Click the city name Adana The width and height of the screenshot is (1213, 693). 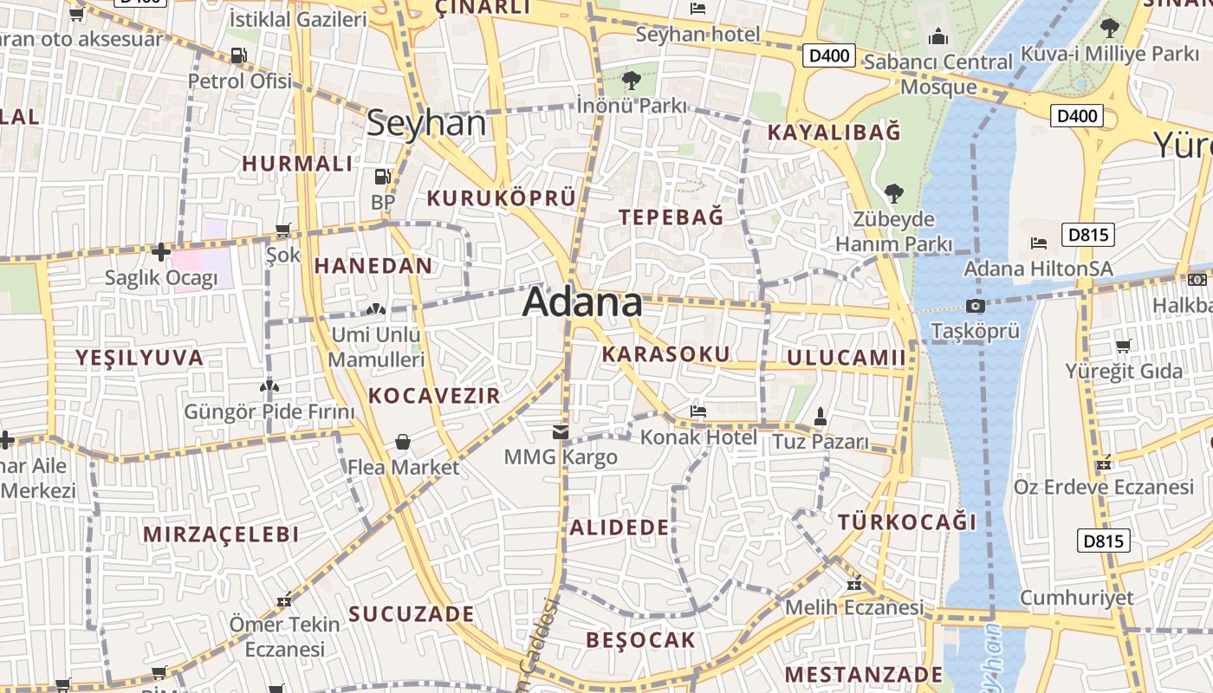pos(582,302)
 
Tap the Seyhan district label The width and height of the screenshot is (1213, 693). pos(425,123)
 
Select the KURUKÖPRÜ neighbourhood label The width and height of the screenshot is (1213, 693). pos(501,198)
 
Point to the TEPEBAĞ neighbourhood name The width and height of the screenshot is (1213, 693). pos(671,217)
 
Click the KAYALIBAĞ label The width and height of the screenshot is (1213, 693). pos(834,133)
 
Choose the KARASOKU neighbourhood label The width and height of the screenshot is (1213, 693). pos(665,353)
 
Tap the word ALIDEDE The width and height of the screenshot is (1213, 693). pos(619,527)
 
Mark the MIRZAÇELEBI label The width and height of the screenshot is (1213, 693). pos(221,534)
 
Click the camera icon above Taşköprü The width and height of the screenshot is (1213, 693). pos(975,306)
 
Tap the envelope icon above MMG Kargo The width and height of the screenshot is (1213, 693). pos(561,431)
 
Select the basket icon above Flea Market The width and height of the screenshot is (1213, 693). pos(403,443)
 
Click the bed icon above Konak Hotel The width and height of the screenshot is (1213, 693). pos(698,411)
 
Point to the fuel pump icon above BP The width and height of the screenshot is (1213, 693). pos(382,178)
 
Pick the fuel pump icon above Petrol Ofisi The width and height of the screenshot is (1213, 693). pos(238,56)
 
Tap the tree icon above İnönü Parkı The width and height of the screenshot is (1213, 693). pos(632,81)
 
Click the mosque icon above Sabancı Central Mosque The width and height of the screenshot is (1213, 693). pos(937,36)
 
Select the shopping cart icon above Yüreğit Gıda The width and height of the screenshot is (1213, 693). pos(1123,346)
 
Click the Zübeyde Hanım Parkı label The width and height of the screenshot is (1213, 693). pos(893,231)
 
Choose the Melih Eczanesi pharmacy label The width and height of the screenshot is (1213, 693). pos(853,607)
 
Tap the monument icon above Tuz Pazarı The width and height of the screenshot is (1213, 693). pos(820,416)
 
